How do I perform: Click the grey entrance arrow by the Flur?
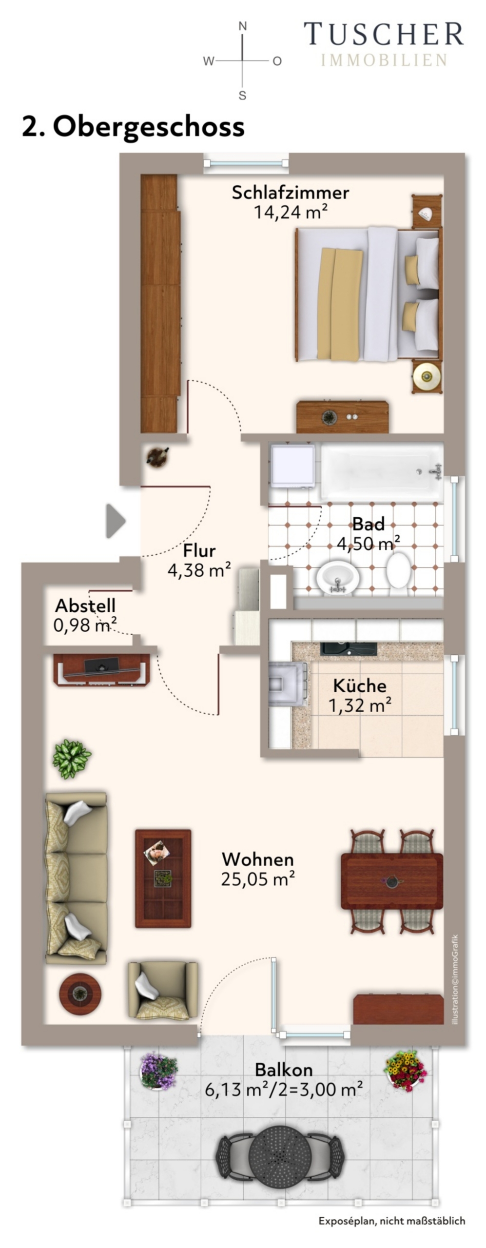(x=116, y=521)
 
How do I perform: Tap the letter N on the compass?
(x=242, y=26)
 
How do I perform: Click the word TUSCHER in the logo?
(x=384, y=34)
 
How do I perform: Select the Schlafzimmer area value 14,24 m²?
(x=290, y=212)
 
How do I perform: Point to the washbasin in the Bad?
(x=337, y=578)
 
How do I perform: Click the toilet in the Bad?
(x=398, y=569)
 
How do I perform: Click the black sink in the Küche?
(x=348, y=649)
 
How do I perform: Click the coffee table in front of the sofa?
(x=163, y=878)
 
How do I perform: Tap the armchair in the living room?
(x=163, y=991)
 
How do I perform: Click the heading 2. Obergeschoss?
(x=133, y=127)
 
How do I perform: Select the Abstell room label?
(x=85, y=605)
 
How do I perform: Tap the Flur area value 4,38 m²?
(x=199, y=570)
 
